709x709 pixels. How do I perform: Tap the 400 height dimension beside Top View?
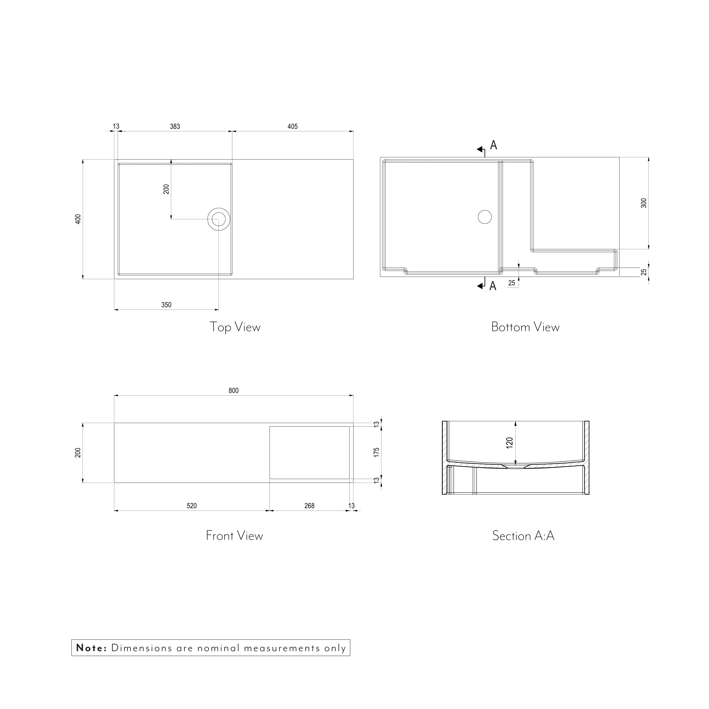coord(78,219)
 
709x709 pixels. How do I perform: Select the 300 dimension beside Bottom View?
coord(644,203)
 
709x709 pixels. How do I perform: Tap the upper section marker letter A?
coord(494,145)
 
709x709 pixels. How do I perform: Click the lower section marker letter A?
coord(493,286)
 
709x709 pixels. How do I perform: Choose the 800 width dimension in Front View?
coord(233,390)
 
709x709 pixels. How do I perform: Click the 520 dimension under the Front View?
coord(191,506)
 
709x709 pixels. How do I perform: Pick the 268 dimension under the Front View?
coord(309,506)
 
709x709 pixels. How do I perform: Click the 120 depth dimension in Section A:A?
coord(509,442)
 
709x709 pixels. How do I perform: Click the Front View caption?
coord(235,535)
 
